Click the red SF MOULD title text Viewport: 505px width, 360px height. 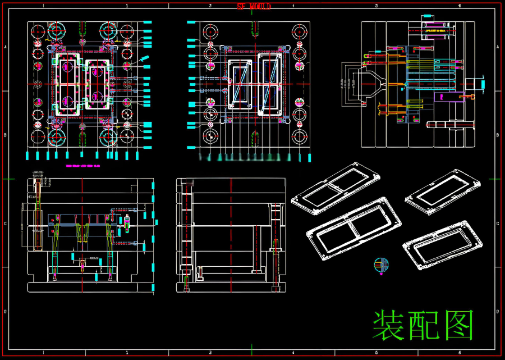254,6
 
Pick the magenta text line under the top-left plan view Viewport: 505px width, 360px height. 82,166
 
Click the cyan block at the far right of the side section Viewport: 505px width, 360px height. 483,84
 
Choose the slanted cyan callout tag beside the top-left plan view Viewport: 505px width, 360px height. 144,59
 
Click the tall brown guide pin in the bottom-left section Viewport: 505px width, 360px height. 38,213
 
